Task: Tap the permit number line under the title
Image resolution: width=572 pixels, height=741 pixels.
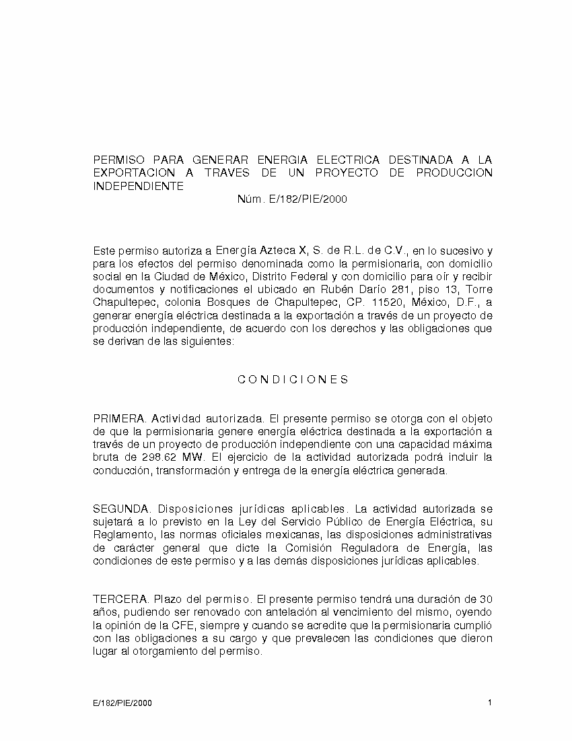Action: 292,199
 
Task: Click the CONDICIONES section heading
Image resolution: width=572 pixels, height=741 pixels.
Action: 293,379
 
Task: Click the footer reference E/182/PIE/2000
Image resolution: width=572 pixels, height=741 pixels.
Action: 122,703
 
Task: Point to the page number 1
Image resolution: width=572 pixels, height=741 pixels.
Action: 490,703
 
